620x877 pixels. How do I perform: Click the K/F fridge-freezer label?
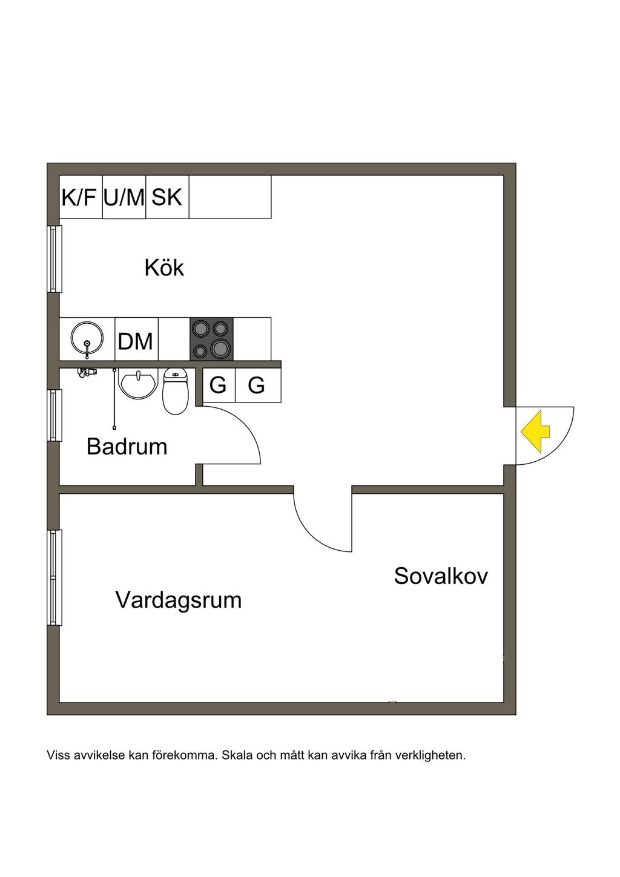click(79, 197)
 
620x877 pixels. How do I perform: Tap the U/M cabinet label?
click(124, 197)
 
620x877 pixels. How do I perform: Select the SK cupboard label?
click(167, 197)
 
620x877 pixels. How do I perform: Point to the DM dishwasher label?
click(136, 341)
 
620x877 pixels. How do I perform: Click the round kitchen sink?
click(87, 339)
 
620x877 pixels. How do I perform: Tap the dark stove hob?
click(211, 339)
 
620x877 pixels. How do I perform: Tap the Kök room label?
click(164, 268)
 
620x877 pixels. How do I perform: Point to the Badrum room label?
click(127, 447)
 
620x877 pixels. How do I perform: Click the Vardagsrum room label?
click(179, 600)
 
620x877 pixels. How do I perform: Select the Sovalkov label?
click(441, 576)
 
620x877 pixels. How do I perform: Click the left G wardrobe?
click(218, 385)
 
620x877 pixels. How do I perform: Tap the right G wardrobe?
click(257, 385)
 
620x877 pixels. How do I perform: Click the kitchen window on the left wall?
click(55, 259)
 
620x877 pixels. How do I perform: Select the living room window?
click(55, 577)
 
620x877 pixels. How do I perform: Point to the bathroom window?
click(55, 415)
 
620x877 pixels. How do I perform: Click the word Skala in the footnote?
click(237, 755)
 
